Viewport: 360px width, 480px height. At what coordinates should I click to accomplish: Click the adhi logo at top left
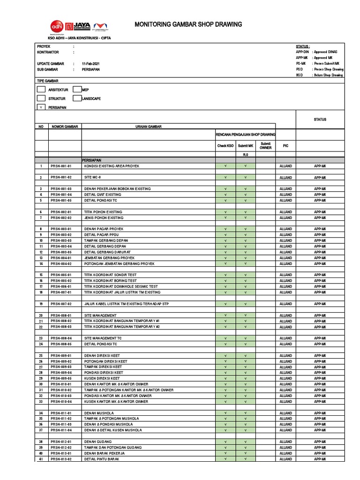tap(57, 26)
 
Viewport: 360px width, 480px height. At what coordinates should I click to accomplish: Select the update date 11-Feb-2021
tap(90, 63)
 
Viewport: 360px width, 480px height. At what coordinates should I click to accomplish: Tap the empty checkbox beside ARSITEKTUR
tap(41, 90)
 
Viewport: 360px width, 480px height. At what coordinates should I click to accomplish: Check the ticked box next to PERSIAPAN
tap(41, 107)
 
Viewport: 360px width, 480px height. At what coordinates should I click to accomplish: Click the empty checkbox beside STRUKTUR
tap(41, 98)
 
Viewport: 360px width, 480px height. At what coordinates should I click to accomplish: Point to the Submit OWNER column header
tap(266, 146)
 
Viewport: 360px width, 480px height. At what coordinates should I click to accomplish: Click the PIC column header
tap(285, 146)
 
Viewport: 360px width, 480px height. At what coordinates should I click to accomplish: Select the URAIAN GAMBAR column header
tap(149, 127)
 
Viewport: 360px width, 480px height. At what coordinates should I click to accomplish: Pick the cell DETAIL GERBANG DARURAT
tap(107, 252)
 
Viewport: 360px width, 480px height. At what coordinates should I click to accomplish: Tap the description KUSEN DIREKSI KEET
tap(102, 378)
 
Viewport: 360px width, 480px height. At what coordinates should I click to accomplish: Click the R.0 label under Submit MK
tap(245, 154)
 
